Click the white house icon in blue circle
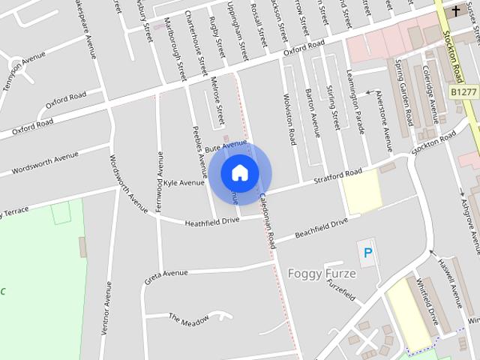click(x=239, y=172)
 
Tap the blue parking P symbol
click(x=367, y=253)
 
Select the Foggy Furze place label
click(x=322, y=274)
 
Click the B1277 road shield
click(x=465, y=91)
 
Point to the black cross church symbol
click(x=456, y=11)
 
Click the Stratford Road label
click(x=337, y=177)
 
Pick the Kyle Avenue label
click(x=184, y=182)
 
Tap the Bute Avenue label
click(x=225, y=145)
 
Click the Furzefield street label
click(x=340, y=291)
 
